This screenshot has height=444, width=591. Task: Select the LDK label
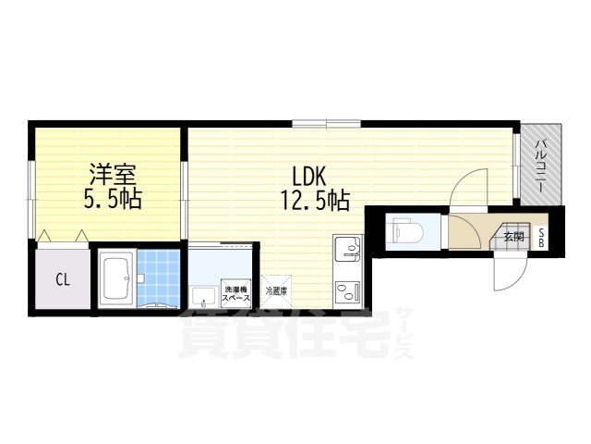[x=309, y=175]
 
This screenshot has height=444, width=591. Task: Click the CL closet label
[x=63, y=278]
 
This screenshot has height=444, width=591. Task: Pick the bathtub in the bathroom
[x=116, y=277]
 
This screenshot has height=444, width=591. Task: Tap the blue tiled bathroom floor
[x=159, y=276]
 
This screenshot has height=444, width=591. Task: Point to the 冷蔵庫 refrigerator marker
[x=275, y=291]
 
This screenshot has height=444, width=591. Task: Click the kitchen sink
[x=347, y=248]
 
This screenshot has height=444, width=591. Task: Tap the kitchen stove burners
[x=347, y=292]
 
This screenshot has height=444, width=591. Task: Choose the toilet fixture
[x=404, y=228]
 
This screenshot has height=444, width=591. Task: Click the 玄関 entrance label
[x=513, y=237]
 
